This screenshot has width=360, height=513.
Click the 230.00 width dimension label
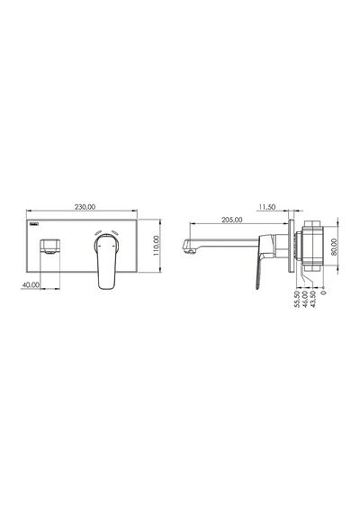85,207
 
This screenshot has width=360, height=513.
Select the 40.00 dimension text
31,285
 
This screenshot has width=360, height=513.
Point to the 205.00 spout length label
232,220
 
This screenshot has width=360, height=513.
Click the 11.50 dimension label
267,207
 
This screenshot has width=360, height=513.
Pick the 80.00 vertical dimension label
334,247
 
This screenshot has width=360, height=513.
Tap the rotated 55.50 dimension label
297,299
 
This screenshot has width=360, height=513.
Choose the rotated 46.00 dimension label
305,299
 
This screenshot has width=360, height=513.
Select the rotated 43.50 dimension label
313,299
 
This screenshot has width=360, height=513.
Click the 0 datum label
324,292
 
